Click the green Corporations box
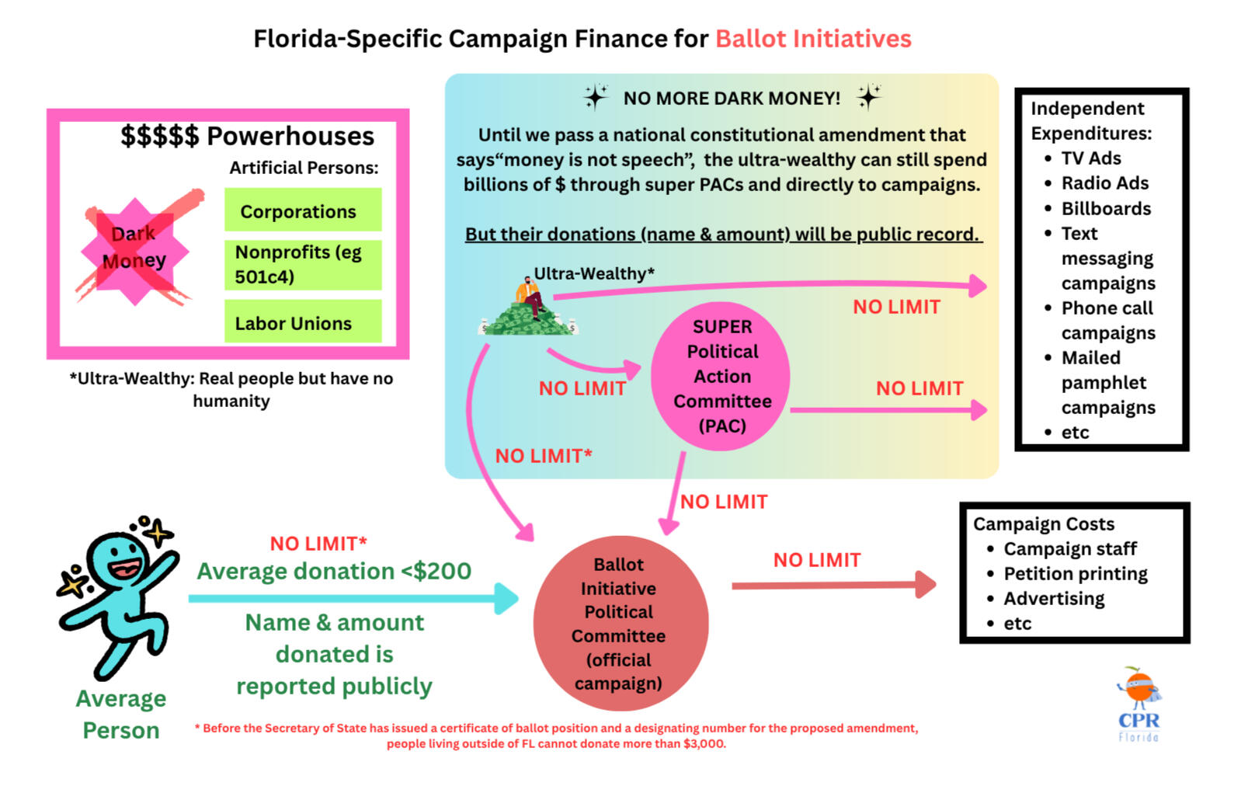[x=303, y=210]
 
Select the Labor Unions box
[x=303, y=322]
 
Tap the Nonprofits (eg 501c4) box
[x=303, y=265]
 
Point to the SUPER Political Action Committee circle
[x=721, y=376]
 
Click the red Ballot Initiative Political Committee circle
[x=620, y=624]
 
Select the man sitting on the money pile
[x=530, y=298]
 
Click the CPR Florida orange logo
[x=1138, y=704]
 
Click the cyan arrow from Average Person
[x=354, y=599]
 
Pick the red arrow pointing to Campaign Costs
[x=834, y=585]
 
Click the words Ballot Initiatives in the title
[x=813, y=39]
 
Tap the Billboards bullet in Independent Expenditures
[x=1097, y=208]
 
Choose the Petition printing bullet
[x=1067, y=574]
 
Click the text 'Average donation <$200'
[x=334, y=571]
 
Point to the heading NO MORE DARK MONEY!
[x=732, y=98]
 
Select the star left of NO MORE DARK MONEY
[x=596, y=97]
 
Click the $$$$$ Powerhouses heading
[x=248, y=136]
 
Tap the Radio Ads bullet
[x=1097, y=183]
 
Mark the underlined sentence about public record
[x=723, y=235]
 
